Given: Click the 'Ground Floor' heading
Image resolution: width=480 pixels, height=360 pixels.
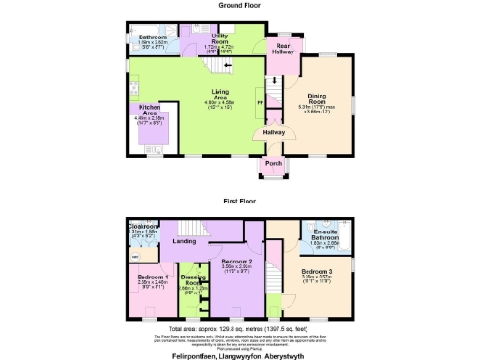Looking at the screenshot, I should click(239, 5).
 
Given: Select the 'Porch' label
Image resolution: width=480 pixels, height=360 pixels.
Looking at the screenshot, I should click(273, 164).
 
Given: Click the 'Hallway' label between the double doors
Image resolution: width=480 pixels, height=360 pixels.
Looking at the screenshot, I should click(273, 133).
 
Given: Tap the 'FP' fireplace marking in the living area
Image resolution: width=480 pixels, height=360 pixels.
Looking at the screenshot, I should click(260, 101).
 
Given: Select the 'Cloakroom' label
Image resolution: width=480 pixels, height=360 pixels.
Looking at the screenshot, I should click(143, 226).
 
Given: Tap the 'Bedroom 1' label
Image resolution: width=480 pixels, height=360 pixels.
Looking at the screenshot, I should click(153, 277).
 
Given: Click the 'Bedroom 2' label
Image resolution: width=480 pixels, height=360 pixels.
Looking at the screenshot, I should click(236, 262).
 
